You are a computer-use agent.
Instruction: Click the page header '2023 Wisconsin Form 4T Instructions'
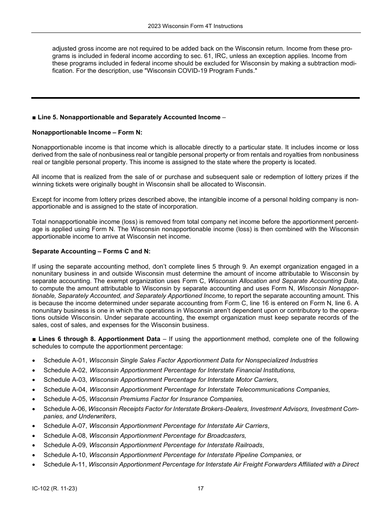[x=195, y=26]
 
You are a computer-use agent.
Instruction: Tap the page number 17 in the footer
[x=200, y=488]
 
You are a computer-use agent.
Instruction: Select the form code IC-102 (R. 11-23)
[x=55, y=488]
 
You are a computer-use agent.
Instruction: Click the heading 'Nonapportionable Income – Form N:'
[x=87, y=133]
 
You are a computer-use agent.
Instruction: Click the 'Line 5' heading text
[x=128, y=117]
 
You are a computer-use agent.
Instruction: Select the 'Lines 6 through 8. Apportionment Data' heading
[x=99, y=339]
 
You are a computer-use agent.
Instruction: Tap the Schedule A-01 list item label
[x=65, y=360]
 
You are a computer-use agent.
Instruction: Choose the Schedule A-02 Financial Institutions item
[x=169, y=370]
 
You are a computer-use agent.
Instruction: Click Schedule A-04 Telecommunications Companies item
[x=186, y=389]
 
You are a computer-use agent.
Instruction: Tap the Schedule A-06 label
[x=65, y=409]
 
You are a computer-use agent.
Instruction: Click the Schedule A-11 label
[x=65, y=464]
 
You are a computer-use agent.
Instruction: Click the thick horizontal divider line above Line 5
[x=195, y=98]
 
